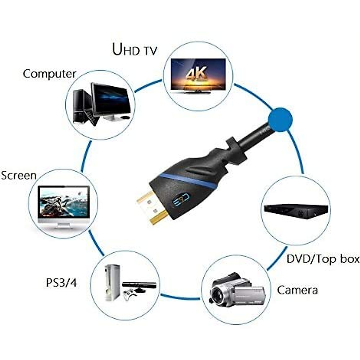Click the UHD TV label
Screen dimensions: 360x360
pyautogui.click(x=134, y=49)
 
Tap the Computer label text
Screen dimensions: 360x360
pyautogui.click(x=49, y=74)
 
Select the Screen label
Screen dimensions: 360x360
pyautogui.click(x=19, y=175)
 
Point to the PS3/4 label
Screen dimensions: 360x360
pyautogui.click(x=61, y=283)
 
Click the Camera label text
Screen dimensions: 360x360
pyautogui.click(x=297, y=290)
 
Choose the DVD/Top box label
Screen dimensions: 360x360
pyautogui.click(x=323, y=259)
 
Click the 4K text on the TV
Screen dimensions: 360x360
pyautogui.click(x=197, y=74)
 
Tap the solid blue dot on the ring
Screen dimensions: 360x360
pyautogui.click(x=280, y=119)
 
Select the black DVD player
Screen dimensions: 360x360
pyautogui.click(x=295, y=211)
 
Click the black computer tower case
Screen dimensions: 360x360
pyautogui.click(x=79, y=106)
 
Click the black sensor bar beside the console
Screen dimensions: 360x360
pyautogui.click(x=139, y=285)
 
